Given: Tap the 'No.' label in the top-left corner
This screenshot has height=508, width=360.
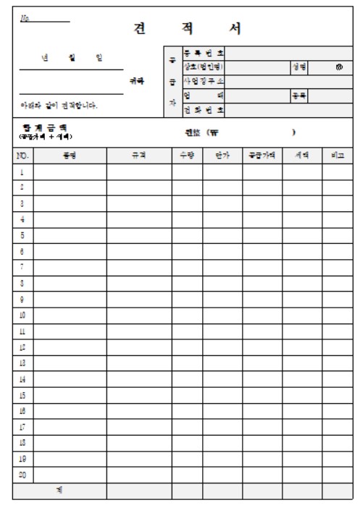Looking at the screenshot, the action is (x=27, y=15).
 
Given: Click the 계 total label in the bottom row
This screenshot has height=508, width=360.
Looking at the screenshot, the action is (x=59, y=491).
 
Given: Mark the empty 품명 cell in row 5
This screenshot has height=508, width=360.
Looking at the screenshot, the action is (x=70, y=235).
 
